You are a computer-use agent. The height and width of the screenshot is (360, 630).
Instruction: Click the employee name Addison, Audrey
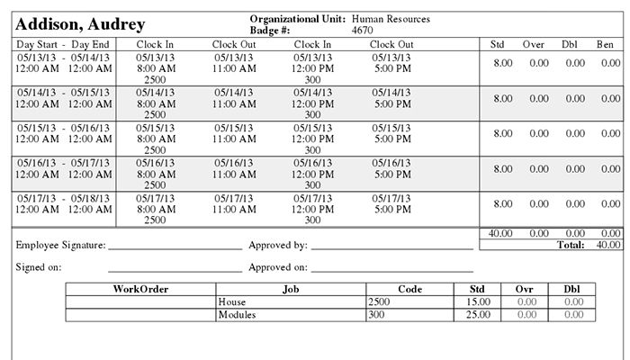click(80, 24)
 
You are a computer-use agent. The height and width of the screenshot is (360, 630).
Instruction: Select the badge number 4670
click(363, 30)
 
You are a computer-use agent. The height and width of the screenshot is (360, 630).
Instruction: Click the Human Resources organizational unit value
click(391, 18)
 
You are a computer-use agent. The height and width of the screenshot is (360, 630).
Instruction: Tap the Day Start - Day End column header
click(63, 43)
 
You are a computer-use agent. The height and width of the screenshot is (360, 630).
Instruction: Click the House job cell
click(232, 302)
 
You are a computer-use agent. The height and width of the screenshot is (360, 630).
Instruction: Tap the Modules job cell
click(238, 315)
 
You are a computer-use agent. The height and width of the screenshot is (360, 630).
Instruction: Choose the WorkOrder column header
click(140, 289)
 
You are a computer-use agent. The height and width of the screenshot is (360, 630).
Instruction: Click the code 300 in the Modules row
click(377, 315)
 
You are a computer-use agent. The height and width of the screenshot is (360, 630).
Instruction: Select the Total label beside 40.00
click(571, 244)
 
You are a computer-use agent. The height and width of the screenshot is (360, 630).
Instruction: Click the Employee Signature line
click(175, 245)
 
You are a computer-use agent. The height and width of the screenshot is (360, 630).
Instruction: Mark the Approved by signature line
click(391, 245)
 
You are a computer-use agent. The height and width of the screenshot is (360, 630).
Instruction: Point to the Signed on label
click(38, 267)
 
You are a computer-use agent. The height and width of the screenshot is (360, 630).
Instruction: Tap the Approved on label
click(278, 267)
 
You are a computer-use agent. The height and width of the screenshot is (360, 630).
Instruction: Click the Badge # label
click(269, 30)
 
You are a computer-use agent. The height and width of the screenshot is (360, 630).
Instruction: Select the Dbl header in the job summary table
click(572, 289)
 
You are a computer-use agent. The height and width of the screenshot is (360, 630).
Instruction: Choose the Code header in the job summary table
click(409, 289)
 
